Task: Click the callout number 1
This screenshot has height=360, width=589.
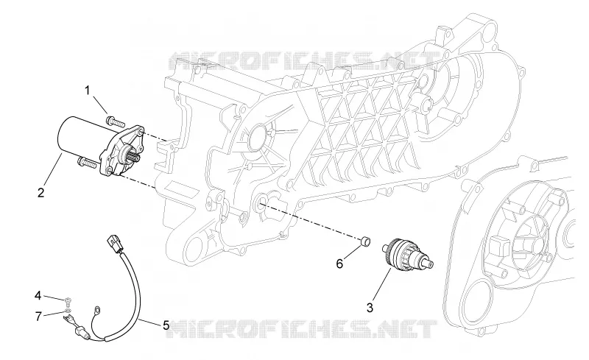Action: coord(88,91)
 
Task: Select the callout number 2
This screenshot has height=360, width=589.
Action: coord(41,192)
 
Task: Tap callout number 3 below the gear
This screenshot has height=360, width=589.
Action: coord(370,308)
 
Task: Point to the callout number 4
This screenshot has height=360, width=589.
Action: coord(38,296)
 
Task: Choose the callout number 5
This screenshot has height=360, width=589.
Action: coord(166,325)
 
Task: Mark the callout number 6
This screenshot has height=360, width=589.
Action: coord(339,264)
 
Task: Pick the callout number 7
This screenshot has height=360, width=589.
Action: coord(38,317)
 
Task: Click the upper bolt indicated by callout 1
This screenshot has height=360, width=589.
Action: coord(116,121)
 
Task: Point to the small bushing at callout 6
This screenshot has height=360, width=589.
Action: coord(365,241)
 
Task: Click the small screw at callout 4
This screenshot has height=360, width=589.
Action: coord(68,300)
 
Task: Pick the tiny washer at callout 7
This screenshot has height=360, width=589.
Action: coord(67,311)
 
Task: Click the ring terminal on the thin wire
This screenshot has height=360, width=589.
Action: coord(98,310)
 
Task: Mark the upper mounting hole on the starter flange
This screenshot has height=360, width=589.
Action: coord(141,133)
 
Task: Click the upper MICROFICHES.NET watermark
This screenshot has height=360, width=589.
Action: coord(304,60)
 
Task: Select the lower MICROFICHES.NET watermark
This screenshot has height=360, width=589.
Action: coord(303,329)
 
